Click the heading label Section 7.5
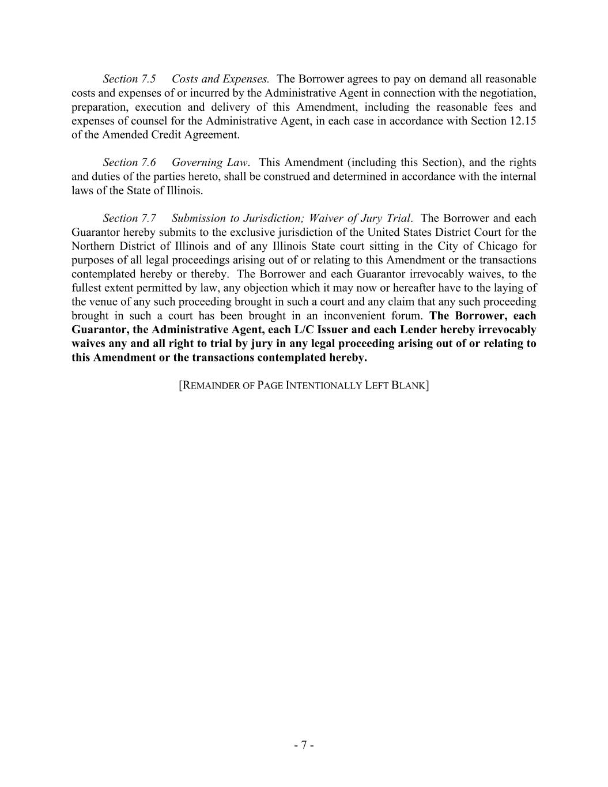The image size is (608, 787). coord(129,79)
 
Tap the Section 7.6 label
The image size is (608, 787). coord(129,163)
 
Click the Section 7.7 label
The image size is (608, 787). coord(129,219)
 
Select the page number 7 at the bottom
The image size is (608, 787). coord(304,745)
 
